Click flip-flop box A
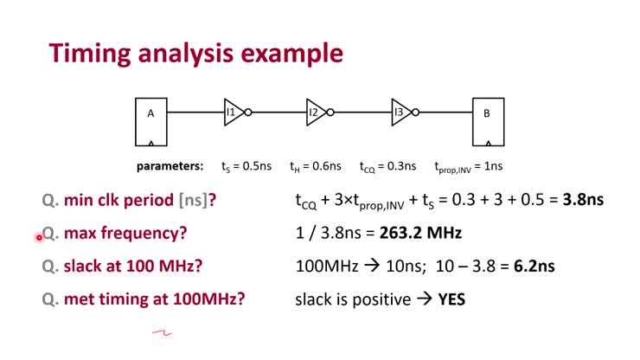coord(150,122)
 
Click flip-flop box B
coord(487,122)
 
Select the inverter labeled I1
coord(234,112)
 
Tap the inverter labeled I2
coord(318,112)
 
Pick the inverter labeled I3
coord(403,112)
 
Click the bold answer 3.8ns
coord(583,200)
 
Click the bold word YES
coord(452,299)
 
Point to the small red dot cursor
coord(39,236)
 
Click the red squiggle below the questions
coord(162,331)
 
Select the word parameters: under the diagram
coord(170,165)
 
